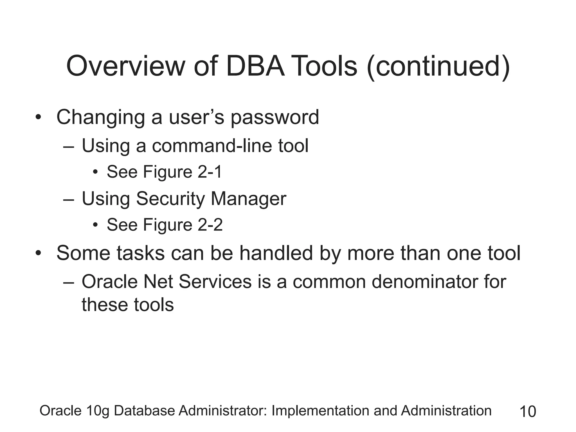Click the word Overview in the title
tap(126, 66)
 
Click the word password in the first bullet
tap(275, 117)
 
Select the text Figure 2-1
tap(183, 172)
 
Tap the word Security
tap(170, 199)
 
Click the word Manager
tap(248, 199)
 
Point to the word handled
tap(276, 253)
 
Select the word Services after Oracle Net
tap(215, 282)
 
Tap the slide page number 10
tap(528, 411)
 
